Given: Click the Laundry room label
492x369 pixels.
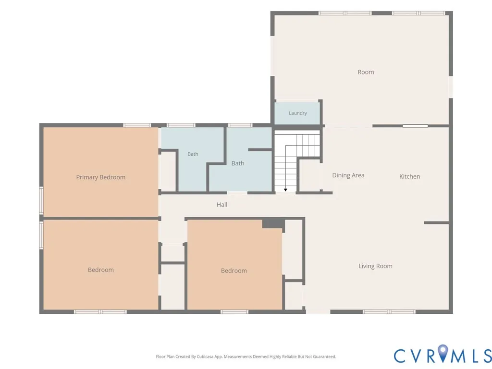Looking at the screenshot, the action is pos(298,113).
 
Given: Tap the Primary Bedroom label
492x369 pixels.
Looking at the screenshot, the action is pos(101,177).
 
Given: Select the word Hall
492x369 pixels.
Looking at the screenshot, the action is pos(222,205).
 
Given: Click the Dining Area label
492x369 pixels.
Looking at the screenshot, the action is pos(348,175).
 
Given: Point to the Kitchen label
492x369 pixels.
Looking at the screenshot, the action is pos(409,176).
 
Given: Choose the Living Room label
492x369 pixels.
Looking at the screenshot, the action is pos(375,266).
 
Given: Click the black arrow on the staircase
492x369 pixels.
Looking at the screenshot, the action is pos(285,190).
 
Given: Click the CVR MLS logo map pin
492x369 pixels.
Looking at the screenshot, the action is pos(443,353).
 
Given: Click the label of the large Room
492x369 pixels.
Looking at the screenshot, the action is pos(366,72).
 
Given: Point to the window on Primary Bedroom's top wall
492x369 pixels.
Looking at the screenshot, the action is pos(137,125).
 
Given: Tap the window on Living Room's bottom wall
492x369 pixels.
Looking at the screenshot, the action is pos(389,311).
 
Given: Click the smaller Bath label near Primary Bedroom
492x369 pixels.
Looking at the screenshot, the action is pos(193,154).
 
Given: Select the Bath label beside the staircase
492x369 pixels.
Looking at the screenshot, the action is pos(237,163).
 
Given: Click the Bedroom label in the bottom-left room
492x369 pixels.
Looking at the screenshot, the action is pos(101,270).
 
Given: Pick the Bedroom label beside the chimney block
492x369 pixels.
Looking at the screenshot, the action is pos(234,271).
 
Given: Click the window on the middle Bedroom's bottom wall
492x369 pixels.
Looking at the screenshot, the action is pos(234,311).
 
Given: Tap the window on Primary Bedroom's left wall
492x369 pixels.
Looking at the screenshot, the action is pos(41,201).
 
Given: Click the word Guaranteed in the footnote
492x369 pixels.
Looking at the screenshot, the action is pos(325,357).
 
